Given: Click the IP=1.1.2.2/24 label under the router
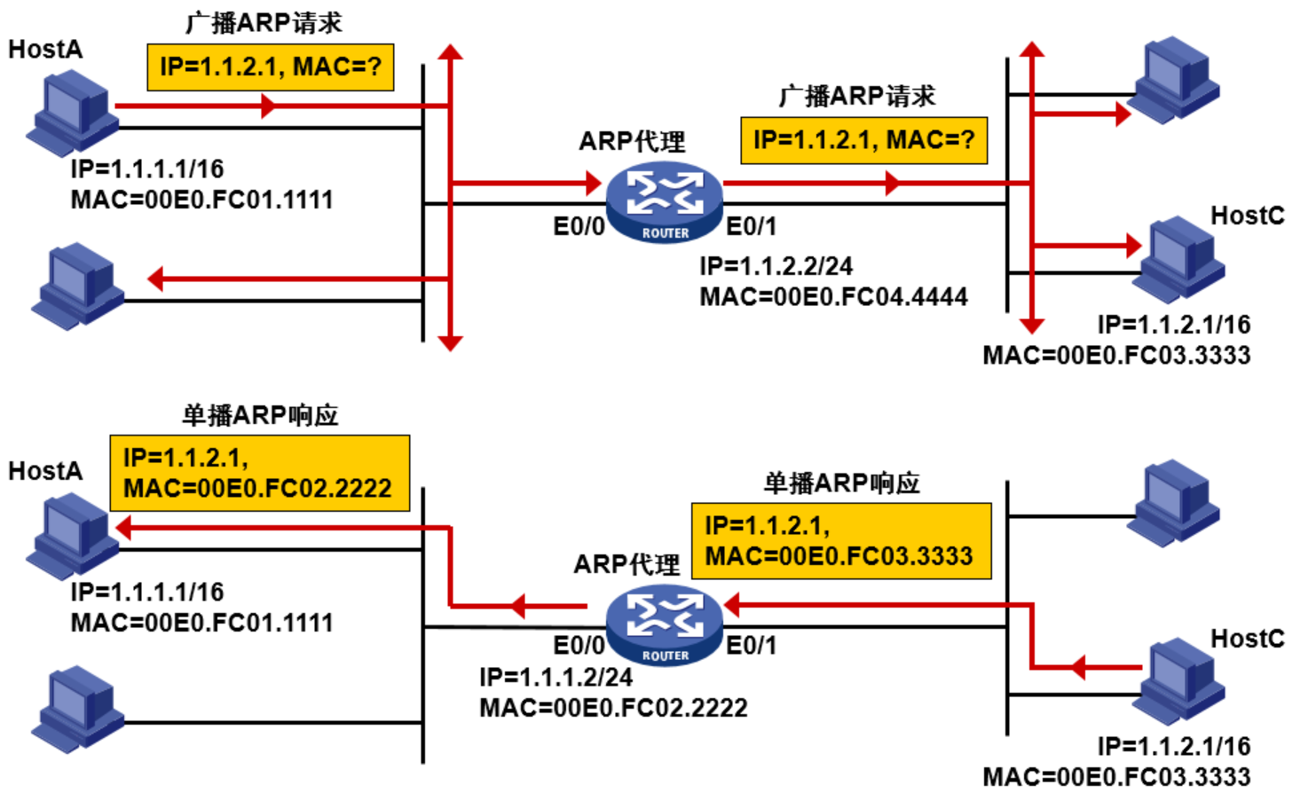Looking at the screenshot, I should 776,266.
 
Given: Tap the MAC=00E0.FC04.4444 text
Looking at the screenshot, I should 833,297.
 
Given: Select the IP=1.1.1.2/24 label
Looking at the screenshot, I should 556,678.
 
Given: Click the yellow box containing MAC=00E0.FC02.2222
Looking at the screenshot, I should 259,473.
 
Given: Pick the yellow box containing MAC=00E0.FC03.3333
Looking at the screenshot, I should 840,541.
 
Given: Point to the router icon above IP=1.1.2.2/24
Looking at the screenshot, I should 665,202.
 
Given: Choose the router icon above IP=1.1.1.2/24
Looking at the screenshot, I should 665,626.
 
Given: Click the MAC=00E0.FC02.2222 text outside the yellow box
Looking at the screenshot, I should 613,708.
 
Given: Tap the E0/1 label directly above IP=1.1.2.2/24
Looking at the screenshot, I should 751,227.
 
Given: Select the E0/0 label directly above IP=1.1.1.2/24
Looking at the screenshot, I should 579,646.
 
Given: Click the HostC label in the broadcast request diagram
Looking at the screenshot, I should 1247,216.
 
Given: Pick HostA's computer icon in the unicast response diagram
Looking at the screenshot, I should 73,536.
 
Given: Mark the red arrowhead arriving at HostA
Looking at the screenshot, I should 124,529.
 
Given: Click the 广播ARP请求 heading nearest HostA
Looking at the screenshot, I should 264,23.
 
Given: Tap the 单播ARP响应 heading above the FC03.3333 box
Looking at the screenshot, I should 841,483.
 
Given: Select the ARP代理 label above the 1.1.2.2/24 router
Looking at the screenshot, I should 632,142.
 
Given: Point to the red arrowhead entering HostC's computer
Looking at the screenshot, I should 1133,245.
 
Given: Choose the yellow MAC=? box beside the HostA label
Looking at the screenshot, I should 270,67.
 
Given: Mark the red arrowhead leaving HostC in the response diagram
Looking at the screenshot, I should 1078,667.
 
